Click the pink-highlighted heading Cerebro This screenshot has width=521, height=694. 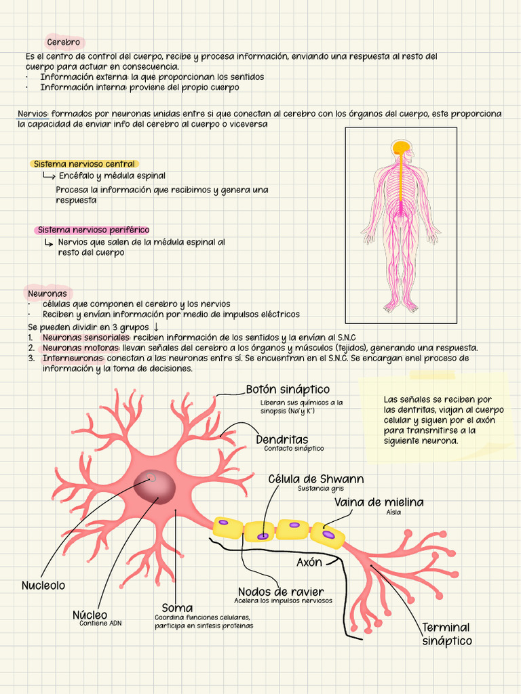coord(64,43)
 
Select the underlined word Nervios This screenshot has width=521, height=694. coord(33,114)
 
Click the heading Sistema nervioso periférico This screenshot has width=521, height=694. coord(93,230)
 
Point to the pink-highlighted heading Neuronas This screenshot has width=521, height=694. coord(47,294)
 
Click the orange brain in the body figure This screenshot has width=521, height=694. coord(401,147)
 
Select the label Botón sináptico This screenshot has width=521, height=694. coord(288,390)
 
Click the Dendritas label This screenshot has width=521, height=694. coord(282,440)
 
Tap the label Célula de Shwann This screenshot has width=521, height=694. coord(315,479)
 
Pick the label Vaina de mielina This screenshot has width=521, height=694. coord(379,502)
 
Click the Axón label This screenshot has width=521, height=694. coord(309,563)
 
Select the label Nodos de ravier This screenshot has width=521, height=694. coord(280,592)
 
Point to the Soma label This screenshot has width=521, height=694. coord(177,608)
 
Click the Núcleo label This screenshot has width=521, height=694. coord(90,615)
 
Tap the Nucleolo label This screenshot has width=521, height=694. coord(43,586)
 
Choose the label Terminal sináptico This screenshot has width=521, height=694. coord(446,634)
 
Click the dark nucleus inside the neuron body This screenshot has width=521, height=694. coord(155,485)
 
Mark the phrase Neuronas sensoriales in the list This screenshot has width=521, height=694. coord(85,338)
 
